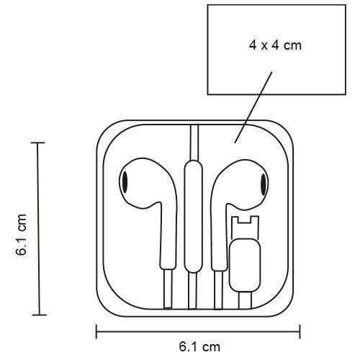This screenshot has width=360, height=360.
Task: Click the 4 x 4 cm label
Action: pyautogui.click(x=275, y=45)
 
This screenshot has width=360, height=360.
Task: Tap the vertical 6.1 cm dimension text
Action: pyautogui.click(x=21, y=235)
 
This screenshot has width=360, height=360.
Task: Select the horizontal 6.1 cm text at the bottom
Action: pyautogui.click(x=199, y=347)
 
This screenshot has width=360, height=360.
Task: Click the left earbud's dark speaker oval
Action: pyautogui.click(x=125, y=181)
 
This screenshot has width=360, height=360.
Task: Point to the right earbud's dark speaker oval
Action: pyautogui.click(x=264, y=184)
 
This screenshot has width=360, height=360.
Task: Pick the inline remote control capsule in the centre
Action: pyautogui.click(x=194, y=217)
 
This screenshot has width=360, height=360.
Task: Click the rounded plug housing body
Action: pyautogui.click(x=245, y=265)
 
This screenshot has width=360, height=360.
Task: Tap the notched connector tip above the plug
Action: pyautogui.click(x=245, y=227)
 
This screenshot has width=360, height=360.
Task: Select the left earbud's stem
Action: pyautogui.click(x=168, y=236)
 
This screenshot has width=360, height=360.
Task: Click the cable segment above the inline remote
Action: pyautogui.click(x=194, y=143)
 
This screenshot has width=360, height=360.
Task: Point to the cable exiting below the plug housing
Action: pyautogui.click(x=245, y=300)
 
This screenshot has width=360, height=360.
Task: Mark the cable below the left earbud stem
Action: pyautogui.click(x=168, y=289)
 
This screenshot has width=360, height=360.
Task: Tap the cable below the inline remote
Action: pyautogui.click(x=192, y=291)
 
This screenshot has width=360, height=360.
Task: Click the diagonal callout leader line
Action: pyautogui.click(x=253, y=107)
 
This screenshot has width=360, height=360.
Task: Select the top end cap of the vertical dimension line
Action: pyautogui.click(x=37, y=143)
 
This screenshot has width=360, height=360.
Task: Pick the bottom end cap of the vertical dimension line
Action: pyautogui.click(x=39, y=315)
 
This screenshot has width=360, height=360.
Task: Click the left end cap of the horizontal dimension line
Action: pyautogui.click(x=96, y=331)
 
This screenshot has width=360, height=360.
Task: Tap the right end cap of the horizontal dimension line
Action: pyautogui.click(x=300, y=331)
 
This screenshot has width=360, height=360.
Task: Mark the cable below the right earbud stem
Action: pyautogui.click(x=218, y=290)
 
